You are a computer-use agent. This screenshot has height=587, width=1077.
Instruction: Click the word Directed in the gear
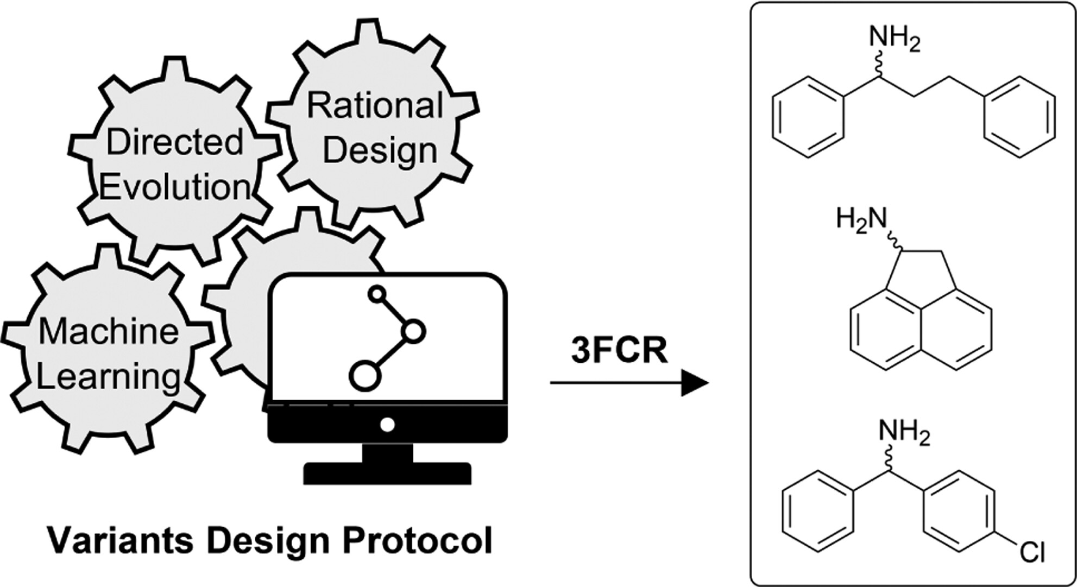tap(174, 142)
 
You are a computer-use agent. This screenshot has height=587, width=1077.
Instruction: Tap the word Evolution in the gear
tap(174, 187)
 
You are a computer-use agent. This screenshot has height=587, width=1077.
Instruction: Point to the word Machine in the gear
tap(109, 331)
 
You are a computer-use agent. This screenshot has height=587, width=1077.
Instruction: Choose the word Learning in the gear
tap(109, 376)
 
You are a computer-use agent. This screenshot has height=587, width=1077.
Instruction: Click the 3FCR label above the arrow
tap(619, 351)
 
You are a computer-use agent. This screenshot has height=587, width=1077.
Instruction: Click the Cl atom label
tap(1032, 553)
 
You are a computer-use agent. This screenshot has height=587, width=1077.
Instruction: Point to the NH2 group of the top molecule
tap(895, 40)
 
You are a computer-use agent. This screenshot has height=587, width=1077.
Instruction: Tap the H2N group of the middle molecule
tap(861, 220)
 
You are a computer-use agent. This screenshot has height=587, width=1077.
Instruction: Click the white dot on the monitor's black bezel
tap(387, 425)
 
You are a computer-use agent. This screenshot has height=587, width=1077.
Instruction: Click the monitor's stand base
tap(387, 473)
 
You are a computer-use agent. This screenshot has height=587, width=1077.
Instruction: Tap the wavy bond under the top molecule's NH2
tap(878, 68)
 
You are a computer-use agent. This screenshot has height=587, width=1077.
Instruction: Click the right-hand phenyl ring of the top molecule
tap(1019, 117)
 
